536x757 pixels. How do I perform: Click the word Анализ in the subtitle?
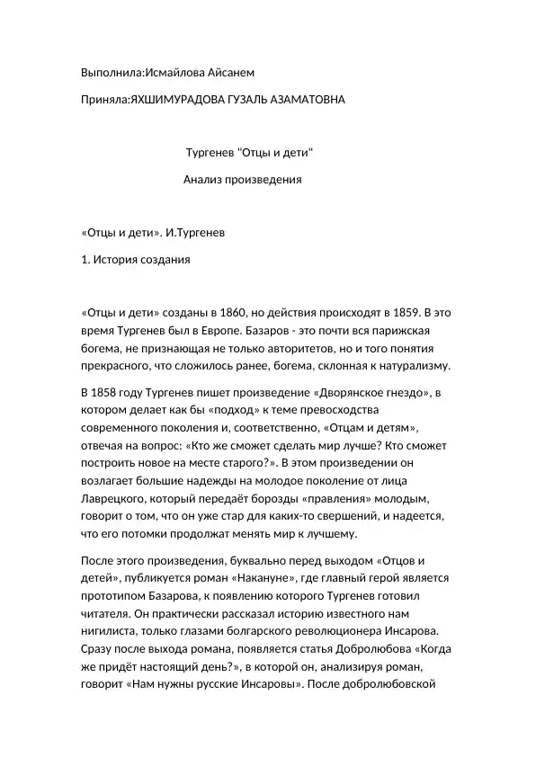pos(201,180)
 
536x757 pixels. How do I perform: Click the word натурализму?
pos(413,366)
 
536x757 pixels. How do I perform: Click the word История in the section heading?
pos(120,260)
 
